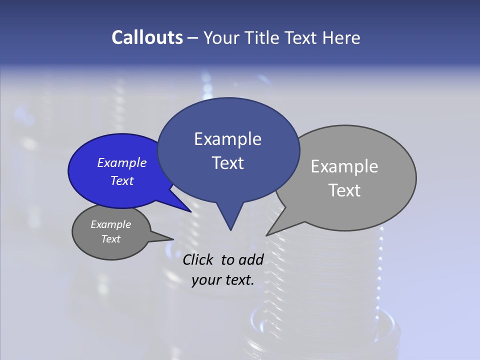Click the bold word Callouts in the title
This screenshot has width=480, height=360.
coord(147,38)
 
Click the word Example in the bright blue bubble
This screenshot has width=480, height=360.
coord(122,162)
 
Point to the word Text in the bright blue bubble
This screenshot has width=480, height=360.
coord(122,180)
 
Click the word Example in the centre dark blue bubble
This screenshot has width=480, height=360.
coord(227,139)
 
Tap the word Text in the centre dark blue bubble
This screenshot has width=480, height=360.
coord(227,163)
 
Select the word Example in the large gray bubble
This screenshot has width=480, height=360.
coord(344,166)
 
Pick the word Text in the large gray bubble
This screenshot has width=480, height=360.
coord(344,190)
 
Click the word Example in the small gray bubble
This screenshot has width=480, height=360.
coord(110,224)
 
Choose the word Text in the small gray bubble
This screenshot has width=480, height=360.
coord(110,239)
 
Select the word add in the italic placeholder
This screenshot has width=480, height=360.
coord(251,259)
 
